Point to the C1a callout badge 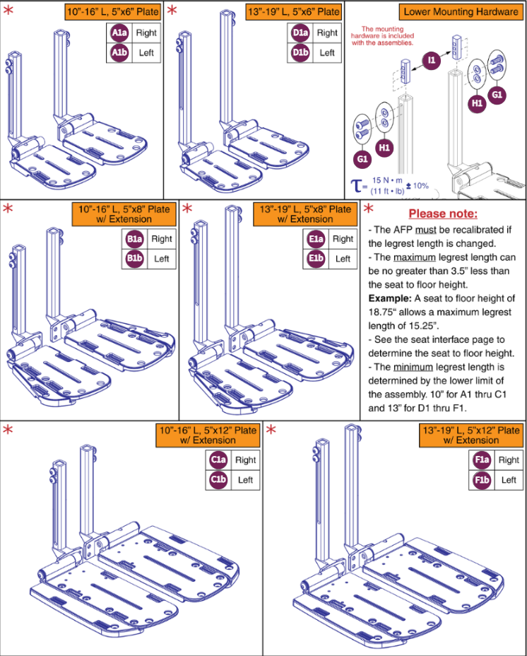[218, 459]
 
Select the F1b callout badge [482, 480]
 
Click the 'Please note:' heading [443, 213]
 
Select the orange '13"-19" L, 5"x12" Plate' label [471, 435]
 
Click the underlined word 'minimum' [413, 367]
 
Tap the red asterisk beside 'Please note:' [369, 209]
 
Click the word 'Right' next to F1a [509, 460]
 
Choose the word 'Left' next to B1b [162, 259]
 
